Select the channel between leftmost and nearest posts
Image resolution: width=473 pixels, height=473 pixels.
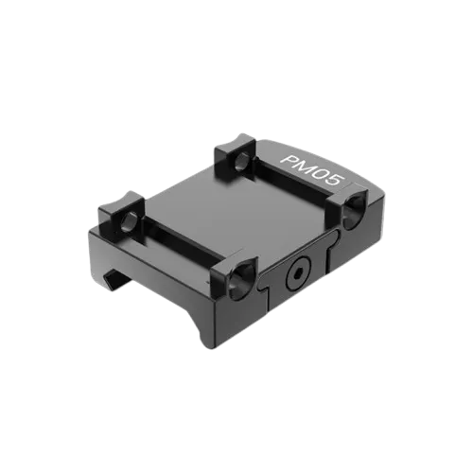click(x=175, y=251)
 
